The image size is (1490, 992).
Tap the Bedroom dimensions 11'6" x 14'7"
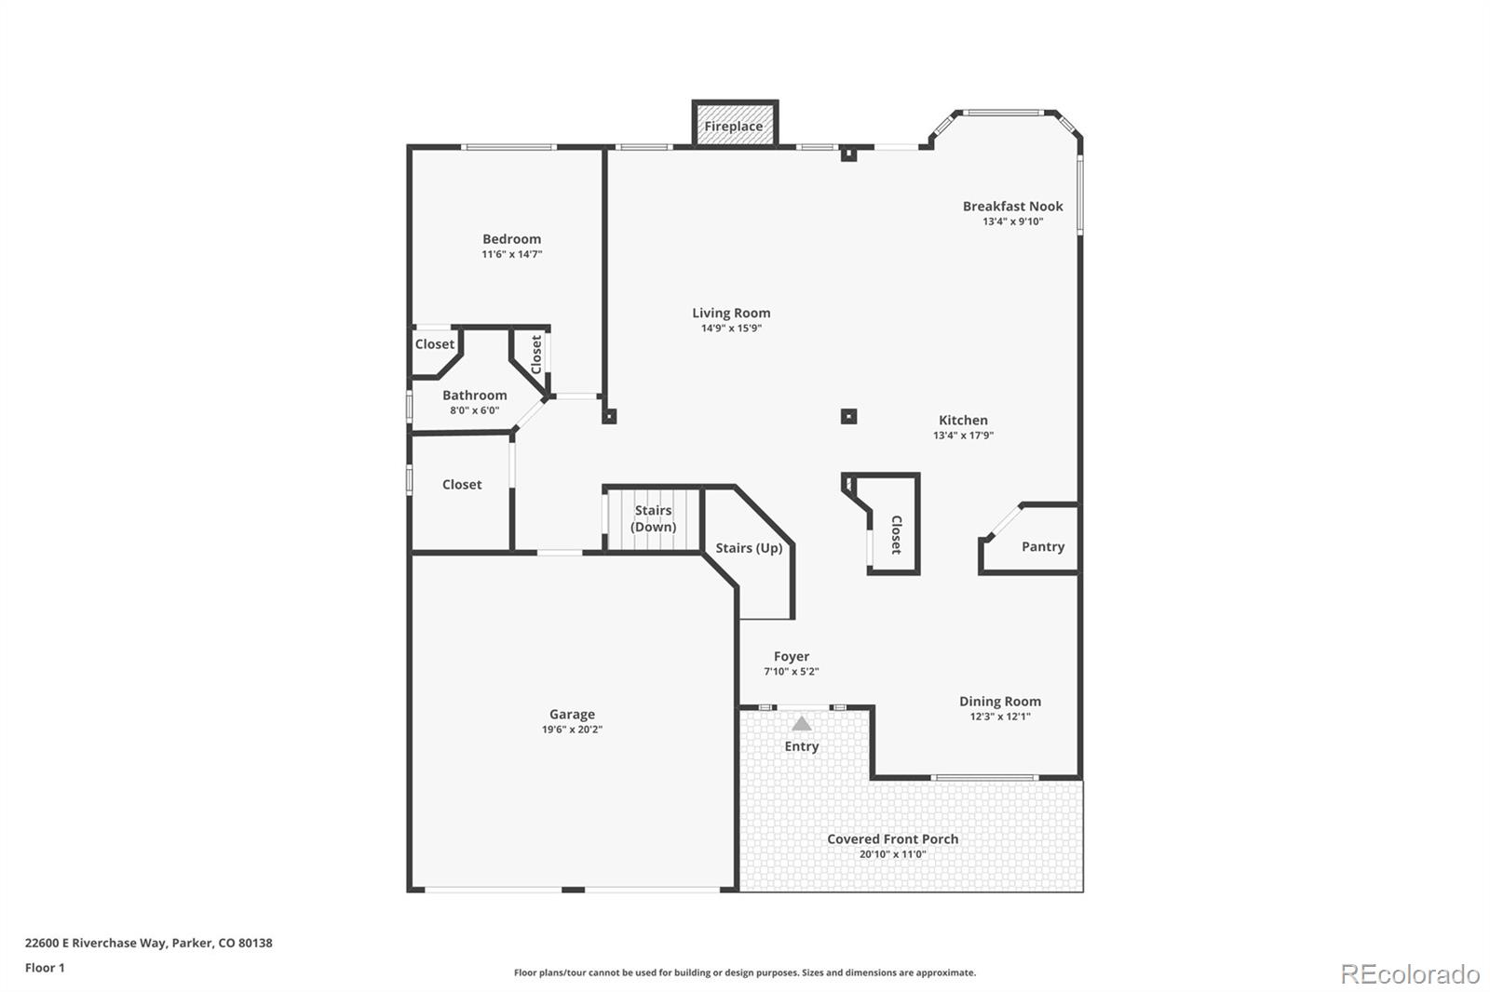click(511, 254)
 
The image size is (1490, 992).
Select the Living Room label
click(731, 313)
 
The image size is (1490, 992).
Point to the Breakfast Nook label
click(1012, 206)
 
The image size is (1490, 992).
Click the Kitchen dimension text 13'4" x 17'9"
click(963, 436)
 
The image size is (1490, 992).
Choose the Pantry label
click(1042, 546)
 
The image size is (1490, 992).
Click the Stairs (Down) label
click(653, 518)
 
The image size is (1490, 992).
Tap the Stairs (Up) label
click(749, 547)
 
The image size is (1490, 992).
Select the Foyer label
click(792, 656)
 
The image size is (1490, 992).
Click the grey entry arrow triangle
click(802, 723)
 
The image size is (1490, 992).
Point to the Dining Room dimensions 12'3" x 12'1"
click(1000, 717)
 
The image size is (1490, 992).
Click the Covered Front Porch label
click(892, 838)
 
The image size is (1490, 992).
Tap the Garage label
click(572, 714)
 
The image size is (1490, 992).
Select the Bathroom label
click(474, 395)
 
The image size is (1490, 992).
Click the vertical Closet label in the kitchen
click(896, 535)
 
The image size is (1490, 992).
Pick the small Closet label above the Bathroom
click(435, 343)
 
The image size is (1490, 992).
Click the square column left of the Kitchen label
click(848, 416)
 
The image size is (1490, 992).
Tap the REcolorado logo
click(1410, 973)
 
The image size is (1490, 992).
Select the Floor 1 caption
click(45, 968)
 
